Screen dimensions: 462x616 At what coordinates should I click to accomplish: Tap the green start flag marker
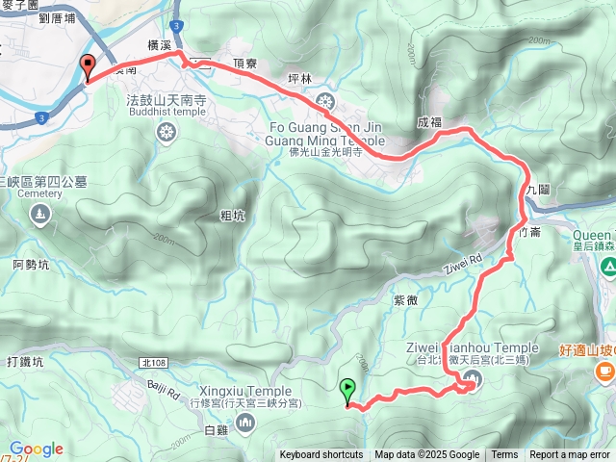346,390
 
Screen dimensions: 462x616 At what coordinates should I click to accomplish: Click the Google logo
36,449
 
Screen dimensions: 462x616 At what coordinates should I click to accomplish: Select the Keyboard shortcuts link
321,455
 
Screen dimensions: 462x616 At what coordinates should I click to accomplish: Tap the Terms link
504,455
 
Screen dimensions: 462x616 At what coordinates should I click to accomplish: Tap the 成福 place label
429,122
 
